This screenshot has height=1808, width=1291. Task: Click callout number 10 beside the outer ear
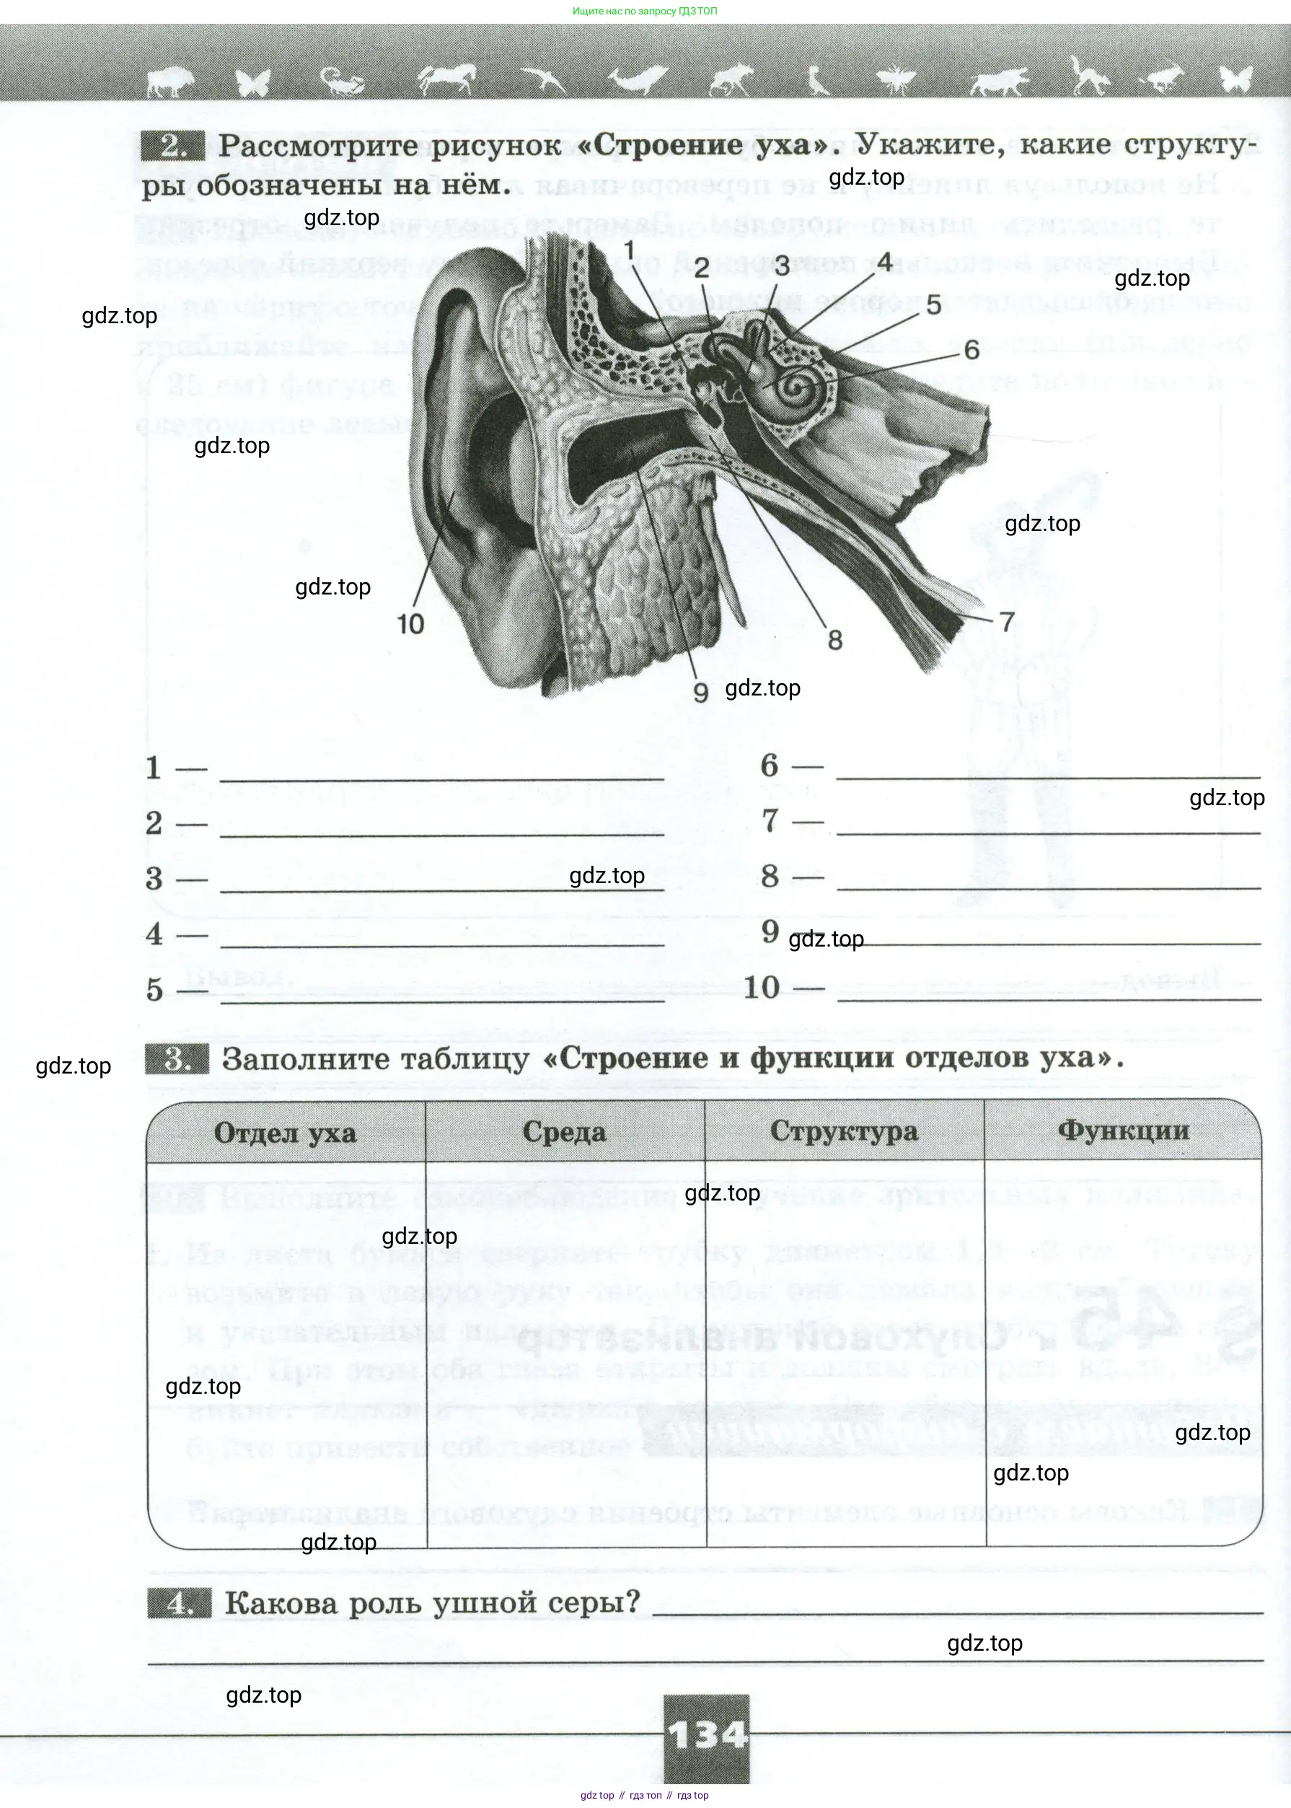410,624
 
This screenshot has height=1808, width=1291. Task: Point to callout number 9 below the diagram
700,692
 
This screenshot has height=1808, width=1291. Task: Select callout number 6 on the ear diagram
971,350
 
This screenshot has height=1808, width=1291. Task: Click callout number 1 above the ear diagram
630,251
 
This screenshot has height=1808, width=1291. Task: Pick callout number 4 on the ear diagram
884,263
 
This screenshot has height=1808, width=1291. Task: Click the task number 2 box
172,146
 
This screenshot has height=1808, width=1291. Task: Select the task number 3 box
177,1060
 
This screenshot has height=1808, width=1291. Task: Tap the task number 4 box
179,1604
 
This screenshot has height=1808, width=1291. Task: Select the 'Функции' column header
1122,1130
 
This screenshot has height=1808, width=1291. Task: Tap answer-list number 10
762,988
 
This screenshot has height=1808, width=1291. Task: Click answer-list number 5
154,991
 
